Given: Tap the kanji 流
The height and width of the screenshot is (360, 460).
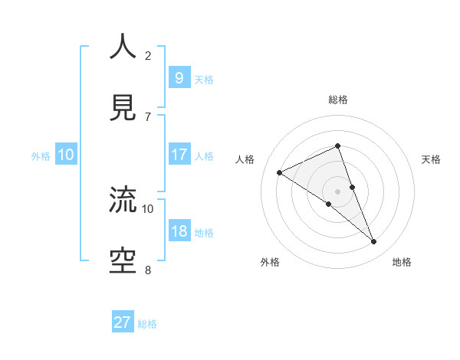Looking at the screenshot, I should click(x=123, y=200).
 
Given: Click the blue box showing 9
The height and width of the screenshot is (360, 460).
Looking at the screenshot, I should click(x=179, y=77).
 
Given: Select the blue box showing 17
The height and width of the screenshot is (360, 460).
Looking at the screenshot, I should click(x=179, y=155).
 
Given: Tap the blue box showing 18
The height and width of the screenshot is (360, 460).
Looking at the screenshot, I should click(x=179, y=231).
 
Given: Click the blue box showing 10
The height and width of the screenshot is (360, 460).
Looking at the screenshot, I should click(x=66, y=155).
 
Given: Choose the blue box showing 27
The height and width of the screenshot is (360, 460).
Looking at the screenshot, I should click(x=123, y=322).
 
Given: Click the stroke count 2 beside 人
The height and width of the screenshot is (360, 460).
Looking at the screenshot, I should click(x=148, y=55).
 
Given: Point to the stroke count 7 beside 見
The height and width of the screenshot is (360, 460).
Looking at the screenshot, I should click(x=148, y=116).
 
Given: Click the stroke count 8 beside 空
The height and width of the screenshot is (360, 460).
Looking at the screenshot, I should click(x=148, y=270).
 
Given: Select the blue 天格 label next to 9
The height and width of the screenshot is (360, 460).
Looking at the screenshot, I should click(x=203, y=79).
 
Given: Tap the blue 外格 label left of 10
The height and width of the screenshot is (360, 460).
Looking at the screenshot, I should click(x=41, y=156).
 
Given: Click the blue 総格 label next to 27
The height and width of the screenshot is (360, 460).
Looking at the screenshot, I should click(x=147, y=324).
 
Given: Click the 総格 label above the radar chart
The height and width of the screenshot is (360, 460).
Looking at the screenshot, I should click(x=338, y=100).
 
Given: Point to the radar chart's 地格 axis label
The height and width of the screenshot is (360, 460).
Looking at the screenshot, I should click(x=402, y=262).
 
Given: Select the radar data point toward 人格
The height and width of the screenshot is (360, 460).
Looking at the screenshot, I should click(x=279, y=172).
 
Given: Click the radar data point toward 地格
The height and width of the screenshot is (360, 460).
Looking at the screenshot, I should click(x=374, y=242).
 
